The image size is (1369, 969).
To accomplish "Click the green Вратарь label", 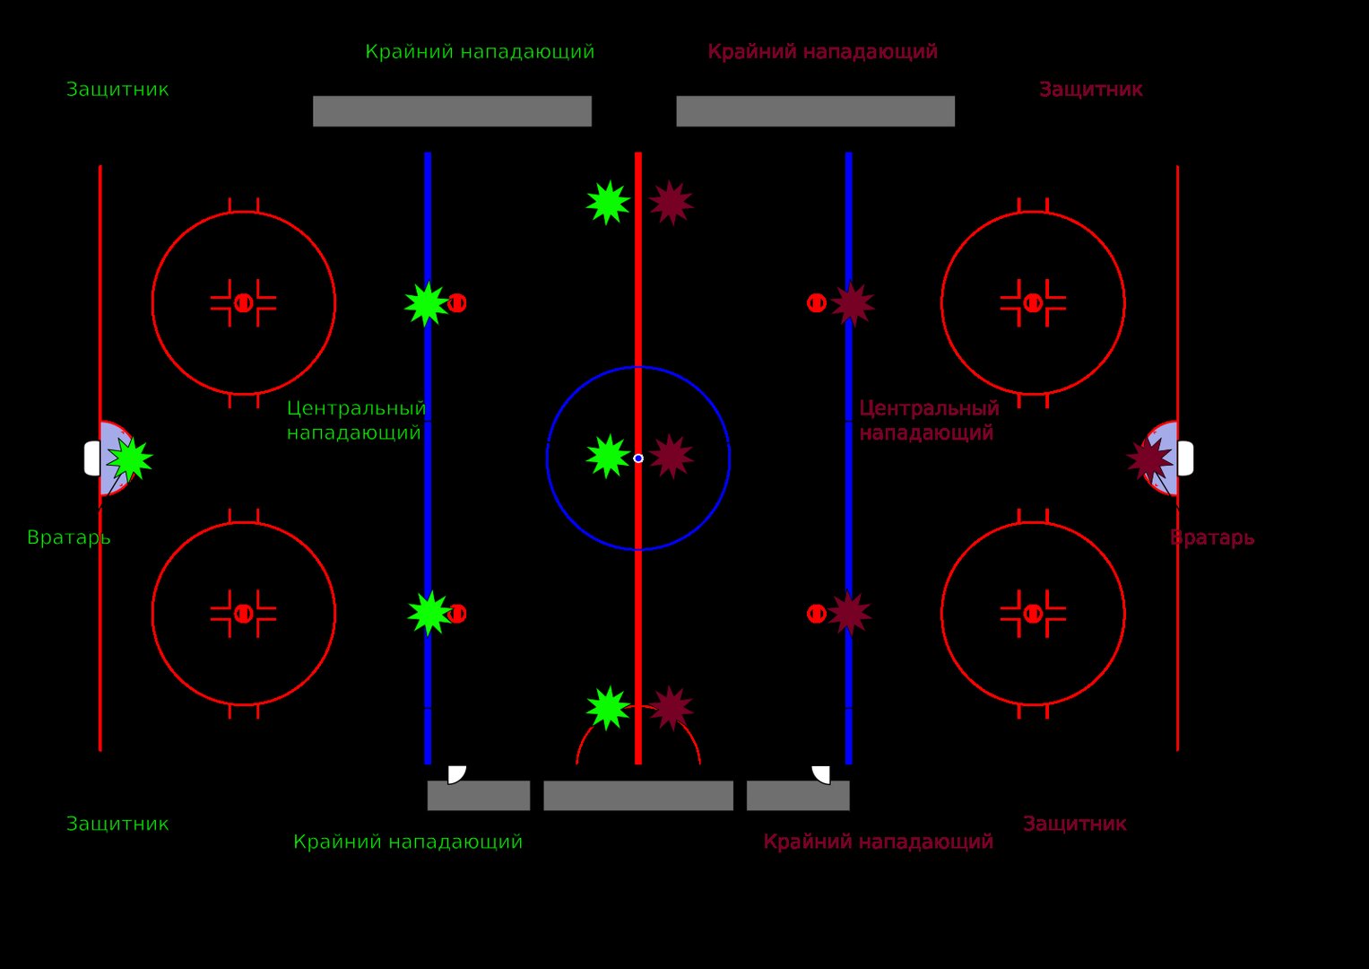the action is point(69,538).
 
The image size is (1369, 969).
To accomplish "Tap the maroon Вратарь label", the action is point(1212,538).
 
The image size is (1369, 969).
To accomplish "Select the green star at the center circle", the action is point(608,457).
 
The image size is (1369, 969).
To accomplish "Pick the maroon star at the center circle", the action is point(672,457).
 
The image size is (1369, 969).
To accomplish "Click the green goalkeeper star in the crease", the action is point(130,458).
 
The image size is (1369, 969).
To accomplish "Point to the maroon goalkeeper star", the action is point(1149,458).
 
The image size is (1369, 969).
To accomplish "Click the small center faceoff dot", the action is point(638,458).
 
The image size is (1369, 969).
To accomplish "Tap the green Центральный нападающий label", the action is point(356,420).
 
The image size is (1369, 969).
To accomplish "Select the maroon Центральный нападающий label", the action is point(929,420).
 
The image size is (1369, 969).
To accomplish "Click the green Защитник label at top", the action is point(117,90).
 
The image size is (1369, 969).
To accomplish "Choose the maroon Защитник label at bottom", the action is point(1074,824).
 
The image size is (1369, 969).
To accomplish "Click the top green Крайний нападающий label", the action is point(480,51).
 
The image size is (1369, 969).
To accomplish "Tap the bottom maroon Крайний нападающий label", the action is point(879,842).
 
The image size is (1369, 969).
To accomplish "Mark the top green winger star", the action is point(608,203).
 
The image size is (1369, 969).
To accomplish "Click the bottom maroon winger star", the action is point(672,709).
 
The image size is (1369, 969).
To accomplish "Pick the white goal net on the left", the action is point(92,458).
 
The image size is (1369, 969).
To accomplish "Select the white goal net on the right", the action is point(1185,458).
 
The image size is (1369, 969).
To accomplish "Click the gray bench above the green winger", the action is point(452,111).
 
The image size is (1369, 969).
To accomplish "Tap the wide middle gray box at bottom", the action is point(638,795).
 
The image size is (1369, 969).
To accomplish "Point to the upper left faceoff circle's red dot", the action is point(243,303).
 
